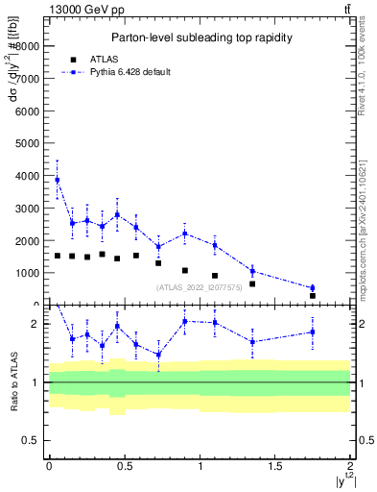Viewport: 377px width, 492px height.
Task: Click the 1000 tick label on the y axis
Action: tap(27, 273)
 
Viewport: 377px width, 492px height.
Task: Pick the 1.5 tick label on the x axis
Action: tap(274, 466)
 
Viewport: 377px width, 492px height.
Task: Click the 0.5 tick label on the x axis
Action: tap(124, 466)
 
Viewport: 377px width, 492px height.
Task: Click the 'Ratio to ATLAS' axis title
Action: tap(14, 381)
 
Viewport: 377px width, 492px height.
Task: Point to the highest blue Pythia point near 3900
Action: tap(57, 180)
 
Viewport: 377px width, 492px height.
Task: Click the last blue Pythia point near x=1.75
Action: tap(312, 287)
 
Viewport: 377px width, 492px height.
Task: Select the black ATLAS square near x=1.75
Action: tap(312, 296)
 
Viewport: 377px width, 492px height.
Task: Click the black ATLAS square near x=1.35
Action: tap(252, 283)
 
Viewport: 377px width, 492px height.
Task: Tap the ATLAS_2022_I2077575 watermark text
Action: tap(200, 287)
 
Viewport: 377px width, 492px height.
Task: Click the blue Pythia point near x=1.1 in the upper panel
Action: tap(215, 245)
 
